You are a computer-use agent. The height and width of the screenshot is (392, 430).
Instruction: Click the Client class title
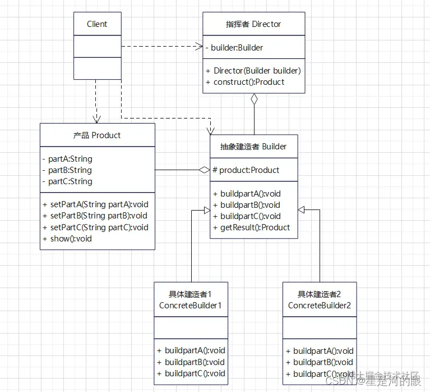click(x=97, y=24)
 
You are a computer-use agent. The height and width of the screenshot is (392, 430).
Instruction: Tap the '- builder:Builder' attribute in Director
click(x=234, y=48)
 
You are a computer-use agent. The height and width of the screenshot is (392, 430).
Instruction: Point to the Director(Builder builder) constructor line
click(x=253, y=71)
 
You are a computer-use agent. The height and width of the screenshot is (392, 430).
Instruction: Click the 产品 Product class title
click(x=97, y=135)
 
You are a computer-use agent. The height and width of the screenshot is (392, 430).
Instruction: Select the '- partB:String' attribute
click(x=67, y=170)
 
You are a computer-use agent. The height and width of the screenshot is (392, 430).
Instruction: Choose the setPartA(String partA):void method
click(x=95, y=204)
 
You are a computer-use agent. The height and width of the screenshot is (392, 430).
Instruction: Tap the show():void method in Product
click(x=67, y=239)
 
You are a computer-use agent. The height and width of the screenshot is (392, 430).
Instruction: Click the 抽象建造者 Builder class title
click(x=254, y=147)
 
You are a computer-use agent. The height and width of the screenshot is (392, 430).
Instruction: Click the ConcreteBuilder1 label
click(x=191, y=306)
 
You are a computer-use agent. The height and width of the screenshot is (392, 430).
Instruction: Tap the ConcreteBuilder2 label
click(x=320, y=306)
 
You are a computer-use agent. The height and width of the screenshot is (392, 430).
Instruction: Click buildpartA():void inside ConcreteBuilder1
click(x=191, y=351)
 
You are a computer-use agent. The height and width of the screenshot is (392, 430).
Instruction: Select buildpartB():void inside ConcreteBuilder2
click(x=320, y=362)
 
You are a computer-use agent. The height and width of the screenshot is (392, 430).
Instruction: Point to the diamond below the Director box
click(x=254, y=99)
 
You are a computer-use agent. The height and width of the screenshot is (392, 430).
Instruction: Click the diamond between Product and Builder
click(x=204, y=170)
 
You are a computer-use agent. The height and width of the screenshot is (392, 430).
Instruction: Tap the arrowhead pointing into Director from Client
click(x=199, y=47)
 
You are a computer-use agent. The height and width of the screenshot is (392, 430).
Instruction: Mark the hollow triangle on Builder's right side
click(x=302, y=210)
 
